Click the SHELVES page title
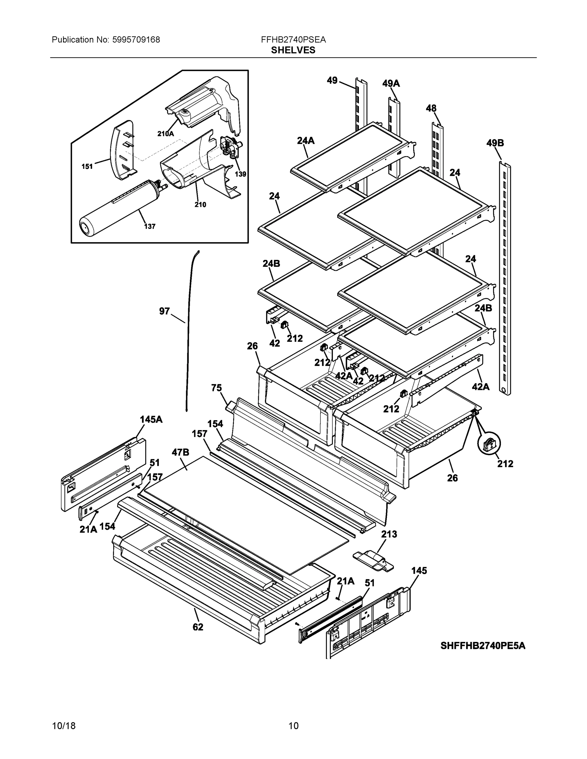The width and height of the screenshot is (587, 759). click(x=293, y=50)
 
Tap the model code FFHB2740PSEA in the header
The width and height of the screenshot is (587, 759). click(x=293, y=40)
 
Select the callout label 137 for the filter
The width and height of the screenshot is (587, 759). click(x=150, y=226)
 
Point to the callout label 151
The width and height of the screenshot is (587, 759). click(x=87, y=166)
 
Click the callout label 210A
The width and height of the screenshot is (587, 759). click(x=165, y=133)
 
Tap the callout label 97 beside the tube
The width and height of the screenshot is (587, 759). click(x=165, y=311)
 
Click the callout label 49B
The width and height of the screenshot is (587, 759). click(x=495, y=143)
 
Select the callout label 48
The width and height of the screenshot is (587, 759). click(x=431, y=108)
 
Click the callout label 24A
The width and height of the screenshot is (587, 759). click(x=306, y=140)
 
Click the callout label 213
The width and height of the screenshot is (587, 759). click(x=389, y=534)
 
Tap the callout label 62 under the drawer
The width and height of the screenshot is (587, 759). click(x=198, y=627)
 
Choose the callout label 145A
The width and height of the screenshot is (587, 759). click(x=151, y=419)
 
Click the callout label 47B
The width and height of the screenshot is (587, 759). click(x=180, y=452)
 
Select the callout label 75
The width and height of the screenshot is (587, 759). click(x=216, y=387)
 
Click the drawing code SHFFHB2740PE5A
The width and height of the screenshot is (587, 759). click(x=483, y=646)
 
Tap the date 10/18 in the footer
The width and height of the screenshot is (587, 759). click(x=64, y=726)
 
